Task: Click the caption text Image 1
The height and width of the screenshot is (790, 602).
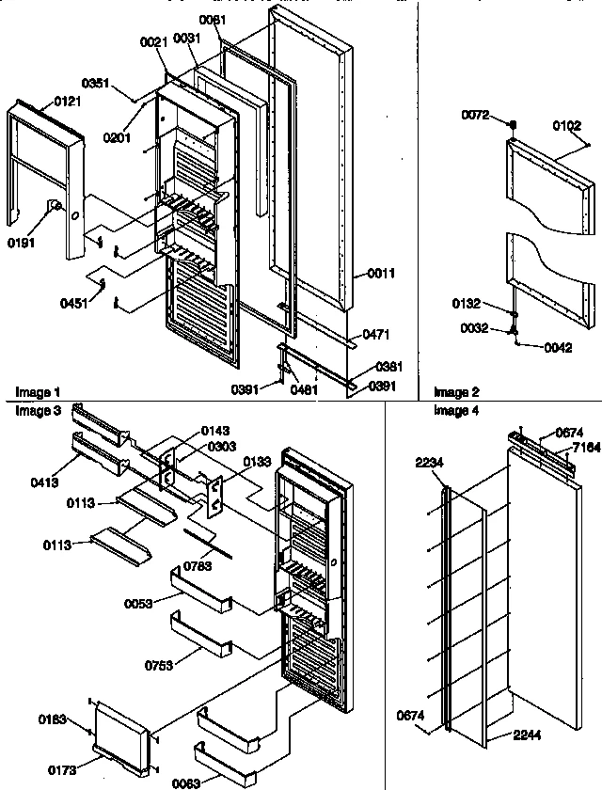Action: [x=36, y=391]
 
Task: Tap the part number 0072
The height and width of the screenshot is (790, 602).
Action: [x=474, y=115]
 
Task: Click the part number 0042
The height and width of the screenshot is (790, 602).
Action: [x=557, y=347]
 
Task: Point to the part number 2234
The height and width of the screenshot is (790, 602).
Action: [x=428, y=461]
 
